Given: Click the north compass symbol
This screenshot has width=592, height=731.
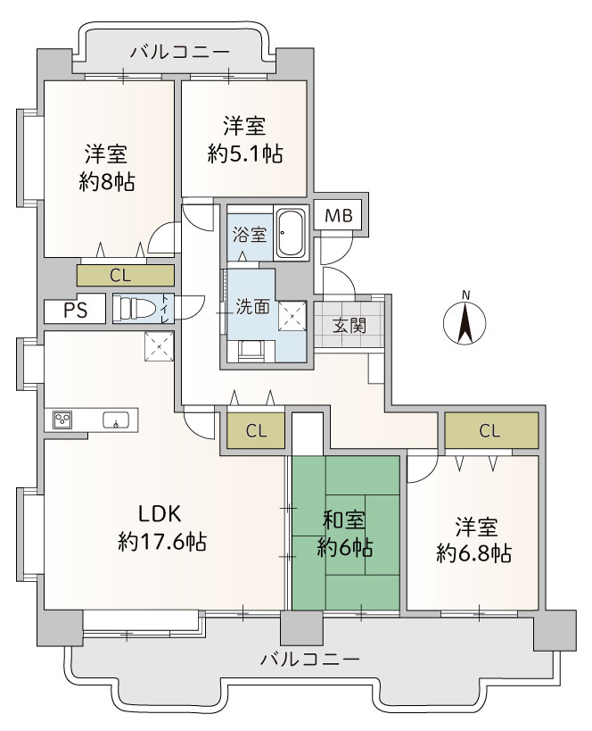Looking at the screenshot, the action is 465,321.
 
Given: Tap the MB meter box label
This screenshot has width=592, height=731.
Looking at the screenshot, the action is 339,216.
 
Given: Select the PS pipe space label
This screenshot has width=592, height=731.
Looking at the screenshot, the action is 76,310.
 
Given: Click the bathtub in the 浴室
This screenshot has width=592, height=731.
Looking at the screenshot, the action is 291,233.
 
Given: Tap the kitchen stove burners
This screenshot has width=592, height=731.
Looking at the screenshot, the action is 62,420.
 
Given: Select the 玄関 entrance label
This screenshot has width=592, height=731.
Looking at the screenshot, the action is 349,326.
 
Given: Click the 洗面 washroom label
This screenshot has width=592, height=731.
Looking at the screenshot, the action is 252,307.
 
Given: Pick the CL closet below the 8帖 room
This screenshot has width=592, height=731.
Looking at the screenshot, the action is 126,276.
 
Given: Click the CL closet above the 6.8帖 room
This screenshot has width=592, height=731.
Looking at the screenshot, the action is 491,430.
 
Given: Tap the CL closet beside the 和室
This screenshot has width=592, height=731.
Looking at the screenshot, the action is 256,431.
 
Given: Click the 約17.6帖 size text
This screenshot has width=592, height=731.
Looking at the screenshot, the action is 162,542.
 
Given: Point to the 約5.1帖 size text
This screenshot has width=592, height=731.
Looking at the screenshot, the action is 245,154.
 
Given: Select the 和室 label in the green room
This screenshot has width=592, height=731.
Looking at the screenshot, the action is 344,520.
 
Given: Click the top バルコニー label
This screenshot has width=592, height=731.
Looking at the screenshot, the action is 180,51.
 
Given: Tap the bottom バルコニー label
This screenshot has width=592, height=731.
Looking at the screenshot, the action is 310,660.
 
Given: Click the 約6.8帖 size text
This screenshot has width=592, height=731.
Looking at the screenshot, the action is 474,553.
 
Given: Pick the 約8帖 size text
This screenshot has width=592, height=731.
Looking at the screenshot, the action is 107,183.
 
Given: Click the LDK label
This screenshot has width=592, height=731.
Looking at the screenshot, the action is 159,514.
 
